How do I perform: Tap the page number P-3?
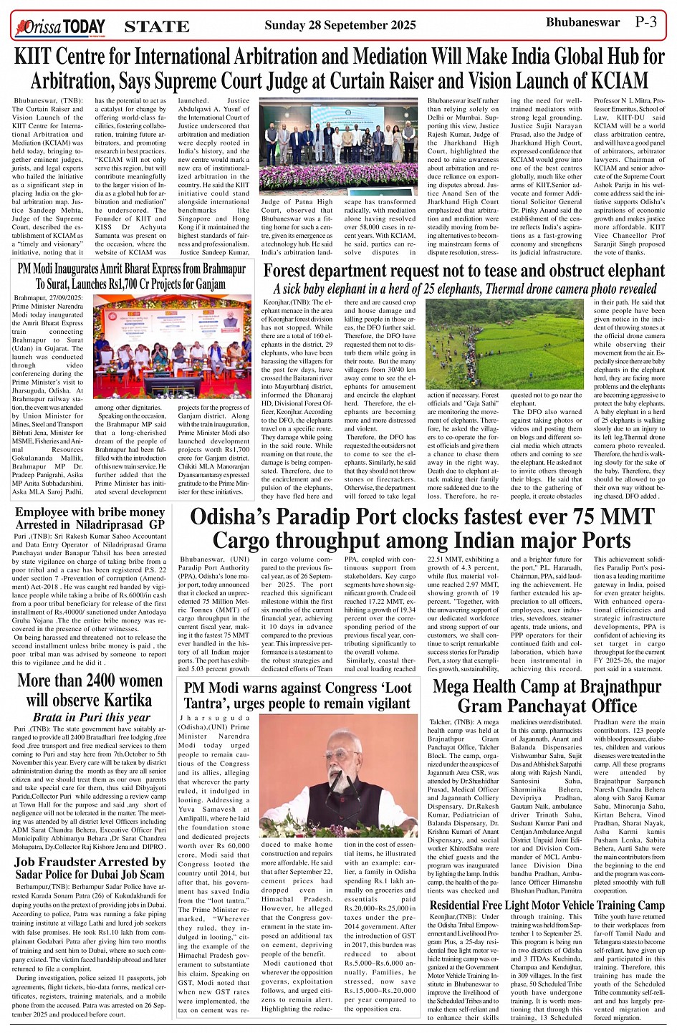(646, 21)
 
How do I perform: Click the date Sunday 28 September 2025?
(340, 25)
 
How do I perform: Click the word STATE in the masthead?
(157, 27)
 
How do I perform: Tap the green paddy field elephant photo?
(504, 343)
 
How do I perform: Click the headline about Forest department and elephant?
(464, 271)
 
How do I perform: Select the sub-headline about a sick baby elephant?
(465, 289)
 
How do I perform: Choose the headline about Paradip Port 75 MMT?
(422, 528)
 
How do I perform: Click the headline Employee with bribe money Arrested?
(90, 518)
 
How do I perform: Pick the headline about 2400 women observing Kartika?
(90, 689)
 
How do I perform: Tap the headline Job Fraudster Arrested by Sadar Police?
(90, 868)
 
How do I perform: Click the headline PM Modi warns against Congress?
(297, 695)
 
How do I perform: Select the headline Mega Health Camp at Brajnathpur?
(547, 696)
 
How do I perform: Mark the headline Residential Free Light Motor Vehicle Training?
(547, 905)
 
